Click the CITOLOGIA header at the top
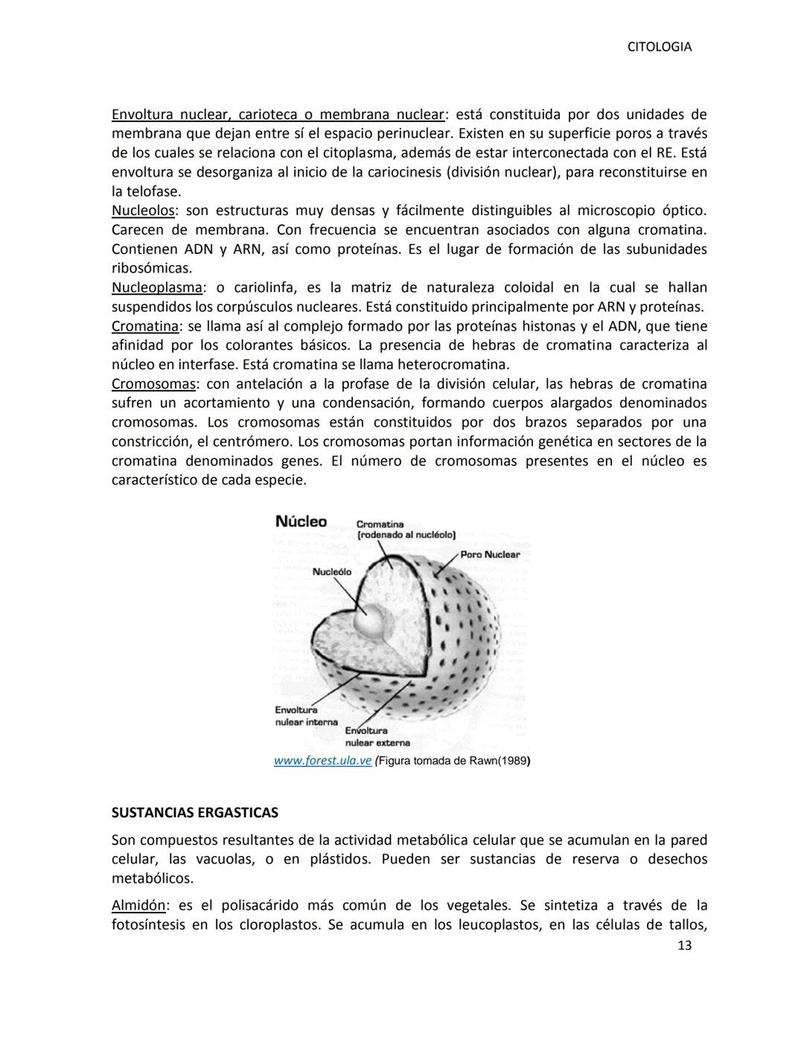coord(659,47)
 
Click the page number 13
coord(684,945)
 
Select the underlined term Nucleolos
coord(142,211)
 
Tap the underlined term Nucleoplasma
coord(156,287)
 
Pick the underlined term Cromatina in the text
coord(144,326)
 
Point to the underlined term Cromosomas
coord(153,384)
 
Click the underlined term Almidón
coord(138,905)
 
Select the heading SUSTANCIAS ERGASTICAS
coord(194,811)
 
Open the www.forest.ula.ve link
coord(322,761)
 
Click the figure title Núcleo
coord(301,521)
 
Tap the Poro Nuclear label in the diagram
coord(490,555)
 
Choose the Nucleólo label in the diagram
coord(331,572)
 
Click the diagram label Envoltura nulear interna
coord(305,716)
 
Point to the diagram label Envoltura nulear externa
coord(377,737)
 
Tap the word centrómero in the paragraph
coord(240,441)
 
